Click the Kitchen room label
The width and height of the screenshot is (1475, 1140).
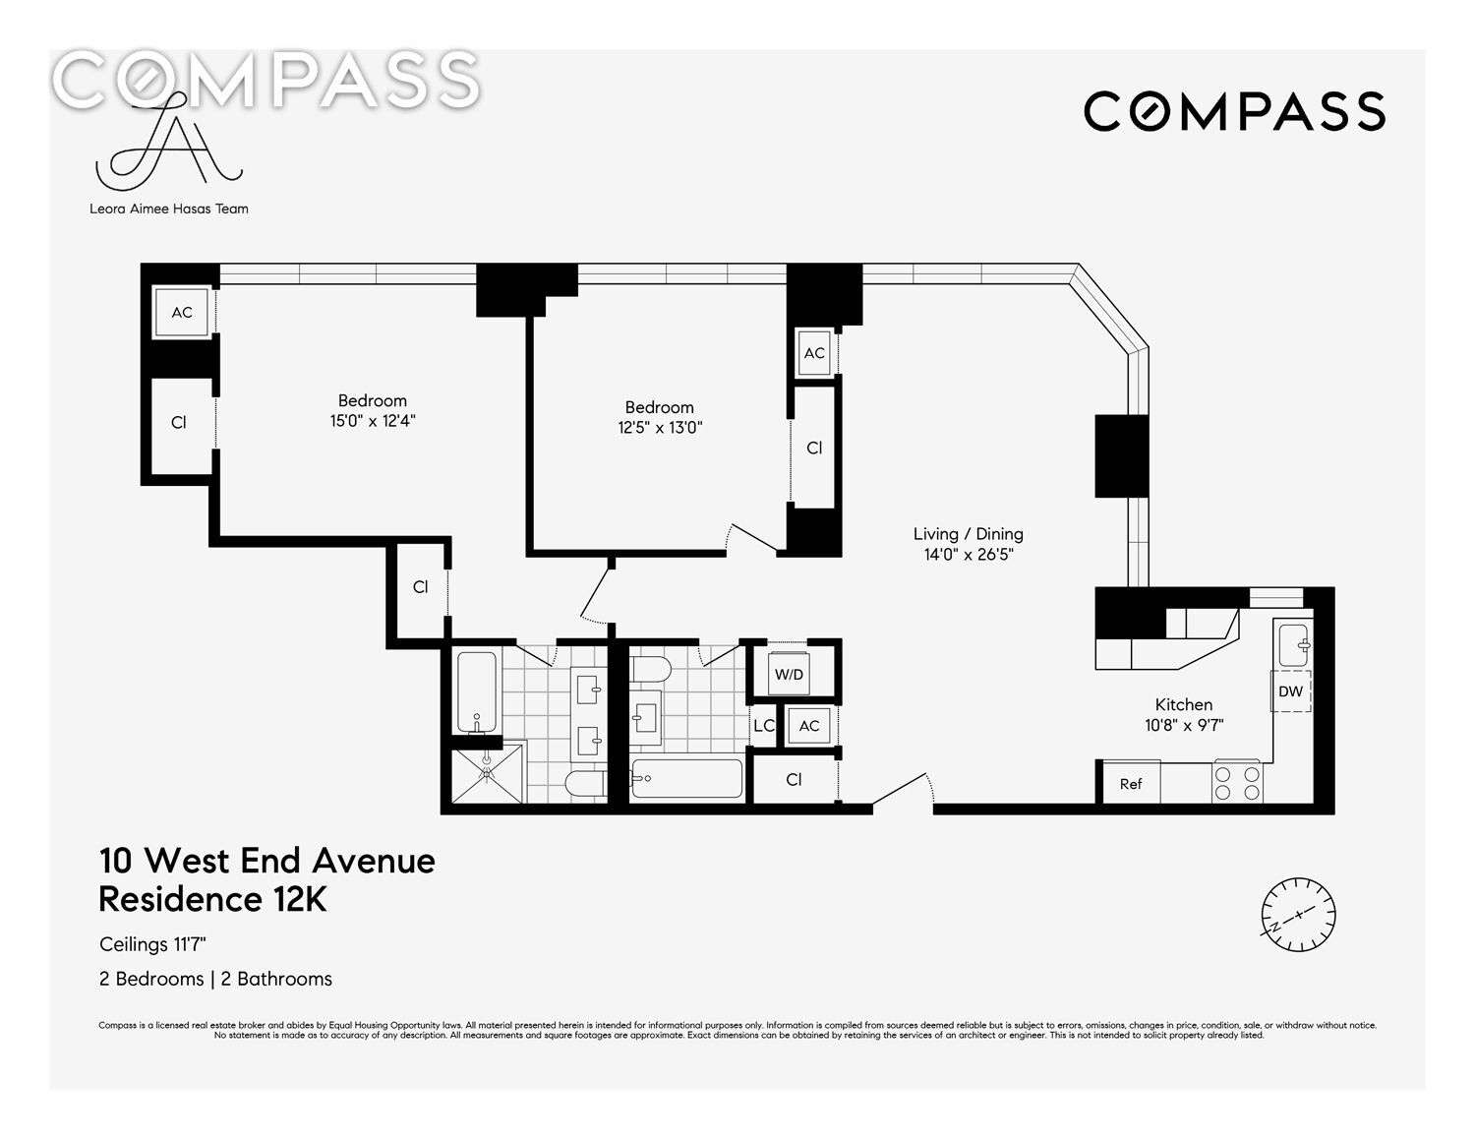[x=1184, y=705]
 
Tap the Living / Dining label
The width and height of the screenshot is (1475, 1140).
[x=968, y=534]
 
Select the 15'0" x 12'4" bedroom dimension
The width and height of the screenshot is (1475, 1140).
[x=373, y=421]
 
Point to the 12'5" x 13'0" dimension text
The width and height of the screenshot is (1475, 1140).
[x=660, y=428]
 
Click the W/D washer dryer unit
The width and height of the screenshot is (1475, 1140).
[x=789, y=674]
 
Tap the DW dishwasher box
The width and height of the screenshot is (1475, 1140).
[x=1290, y=691]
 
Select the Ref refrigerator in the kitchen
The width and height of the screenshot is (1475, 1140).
[x=1131, y=784]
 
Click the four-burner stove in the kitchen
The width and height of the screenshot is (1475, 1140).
[x=1237, y=783]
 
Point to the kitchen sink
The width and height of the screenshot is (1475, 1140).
[x=1293, y=645]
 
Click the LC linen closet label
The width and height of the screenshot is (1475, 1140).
[x=764, y=726]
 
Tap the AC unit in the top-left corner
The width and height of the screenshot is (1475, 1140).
[x=181, y=313]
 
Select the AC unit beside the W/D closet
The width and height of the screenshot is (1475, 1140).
[x=809, y=726]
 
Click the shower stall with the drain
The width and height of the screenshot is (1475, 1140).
[x=488, y=774]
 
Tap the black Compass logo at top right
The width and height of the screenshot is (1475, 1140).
[x=1234, y=112]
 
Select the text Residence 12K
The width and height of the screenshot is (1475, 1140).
[x=212, y=900]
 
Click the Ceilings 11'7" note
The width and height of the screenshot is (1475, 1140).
[x=152, y=944]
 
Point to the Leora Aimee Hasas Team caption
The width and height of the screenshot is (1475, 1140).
[x=169, y=209]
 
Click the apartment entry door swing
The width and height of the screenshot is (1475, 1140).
[x=903, y=789]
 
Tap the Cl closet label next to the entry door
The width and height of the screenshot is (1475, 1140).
[x=794, y=779]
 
